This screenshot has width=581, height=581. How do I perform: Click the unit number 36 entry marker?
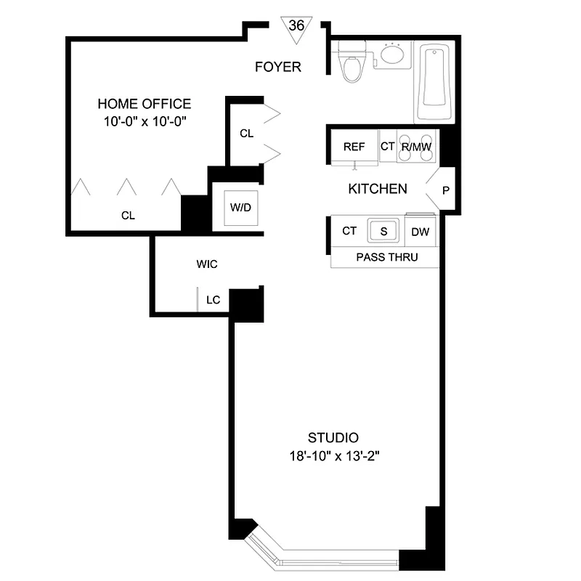pos(296,26)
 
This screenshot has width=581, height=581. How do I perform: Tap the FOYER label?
pos(278,68)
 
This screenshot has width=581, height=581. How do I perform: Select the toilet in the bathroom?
pos(352,61)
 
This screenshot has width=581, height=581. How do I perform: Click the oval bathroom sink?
pos(393,55)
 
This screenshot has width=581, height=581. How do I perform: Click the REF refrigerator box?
pos(354,147)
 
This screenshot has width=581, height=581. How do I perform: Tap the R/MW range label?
pos(417,147)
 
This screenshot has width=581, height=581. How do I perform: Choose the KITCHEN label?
pos(378,189)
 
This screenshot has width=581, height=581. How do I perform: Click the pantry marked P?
pos(445,190)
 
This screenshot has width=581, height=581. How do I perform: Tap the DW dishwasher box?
pos(419,232)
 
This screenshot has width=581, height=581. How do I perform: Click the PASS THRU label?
pos(386,257)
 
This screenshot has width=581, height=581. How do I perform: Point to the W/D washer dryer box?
pos(240,208)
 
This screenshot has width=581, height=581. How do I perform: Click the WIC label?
pos(207,264)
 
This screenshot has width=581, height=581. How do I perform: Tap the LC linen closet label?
pos(214,299)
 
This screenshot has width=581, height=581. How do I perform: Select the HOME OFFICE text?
pos(145,104)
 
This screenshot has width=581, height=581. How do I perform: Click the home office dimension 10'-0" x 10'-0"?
pos(145,121)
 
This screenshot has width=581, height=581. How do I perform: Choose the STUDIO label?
pos(333,438)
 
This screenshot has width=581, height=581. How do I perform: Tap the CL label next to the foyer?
pos(246,134)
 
